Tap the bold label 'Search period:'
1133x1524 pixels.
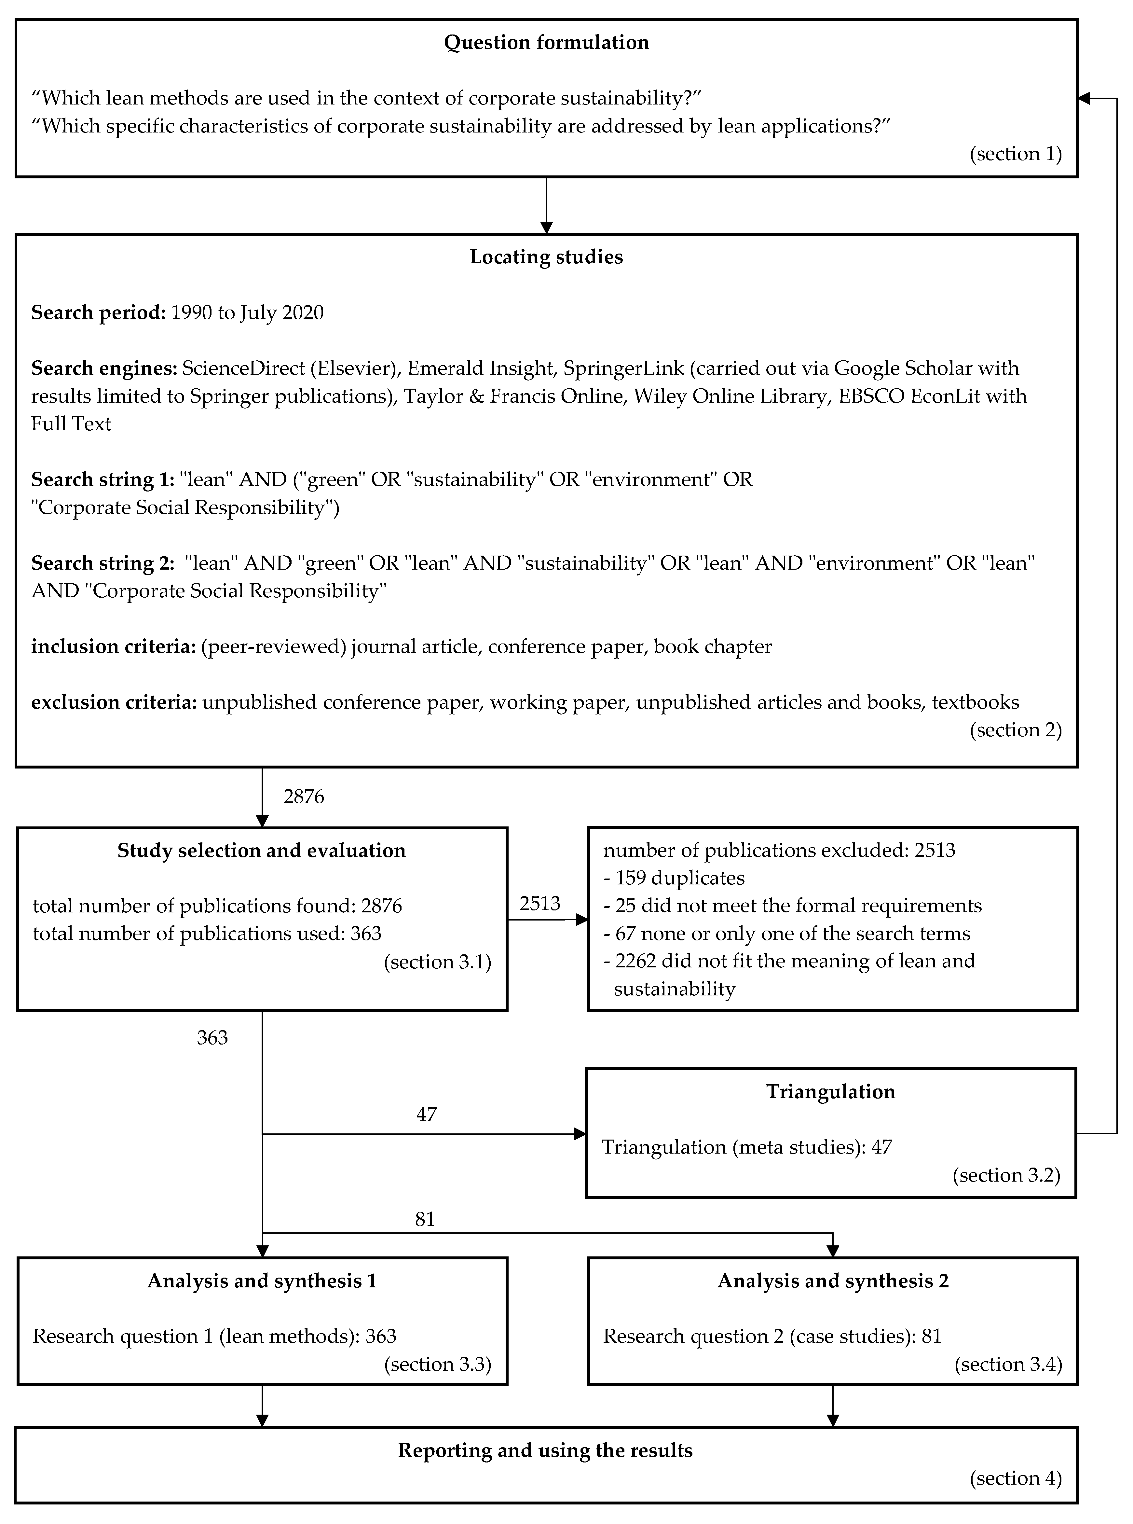coord(98,313)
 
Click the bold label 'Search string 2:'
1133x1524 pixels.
coord(103,563)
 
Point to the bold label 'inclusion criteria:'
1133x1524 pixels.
coord(113,647)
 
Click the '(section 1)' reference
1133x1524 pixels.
coord(1015,154)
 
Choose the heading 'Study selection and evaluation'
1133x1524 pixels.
coord(261,851)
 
